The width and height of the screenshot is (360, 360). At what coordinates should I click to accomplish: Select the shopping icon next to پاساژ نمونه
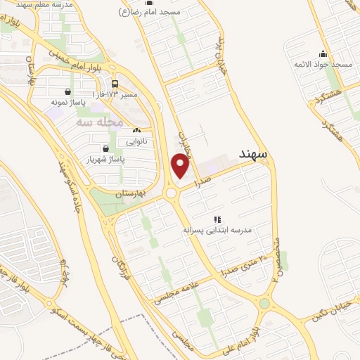[67, 91]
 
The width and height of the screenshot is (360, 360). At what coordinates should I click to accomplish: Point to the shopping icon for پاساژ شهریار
[105, 148]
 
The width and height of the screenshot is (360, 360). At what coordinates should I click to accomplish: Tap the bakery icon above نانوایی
[136, 131]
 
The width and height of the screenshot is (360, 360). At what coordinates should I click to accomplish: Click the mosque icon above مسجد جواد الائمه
[323, 53]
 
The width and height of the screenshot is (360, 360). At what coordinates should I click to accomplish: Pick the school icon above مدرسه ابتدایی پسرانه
[218, 219]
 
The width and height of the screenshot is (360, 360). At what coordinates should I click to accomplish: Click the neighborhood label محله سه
[99, 121]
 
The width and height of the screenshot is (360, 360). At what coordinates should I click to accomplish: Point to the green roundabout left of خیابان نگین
[264, 304]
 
